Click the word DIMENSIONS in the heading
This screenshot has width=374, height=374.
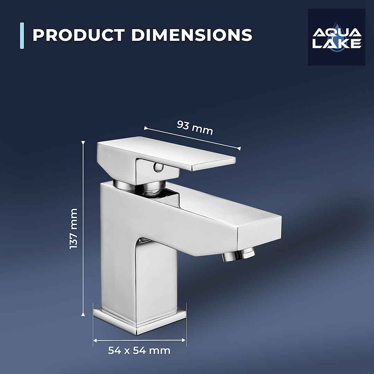[192, 35]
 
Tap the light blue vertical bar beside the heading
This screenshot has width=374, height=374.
[22, 36]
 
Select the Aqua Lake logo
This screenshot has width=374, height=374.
[337, 37]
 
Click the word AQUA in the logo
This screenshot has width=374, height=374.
[337, 33]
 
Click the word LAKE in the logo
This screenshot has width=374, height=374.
[337, 44]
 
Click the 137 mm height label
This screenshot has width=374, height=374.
[74, 229]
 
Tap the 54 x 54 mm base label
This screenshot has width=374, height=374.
[139, 350]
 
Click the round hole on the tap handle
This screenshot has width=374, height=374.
[158, 168]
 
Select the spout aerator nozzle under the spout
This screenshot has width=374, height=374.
[238, 256]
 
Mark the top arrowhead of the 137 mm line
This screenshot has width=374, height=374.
[83, 143]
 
